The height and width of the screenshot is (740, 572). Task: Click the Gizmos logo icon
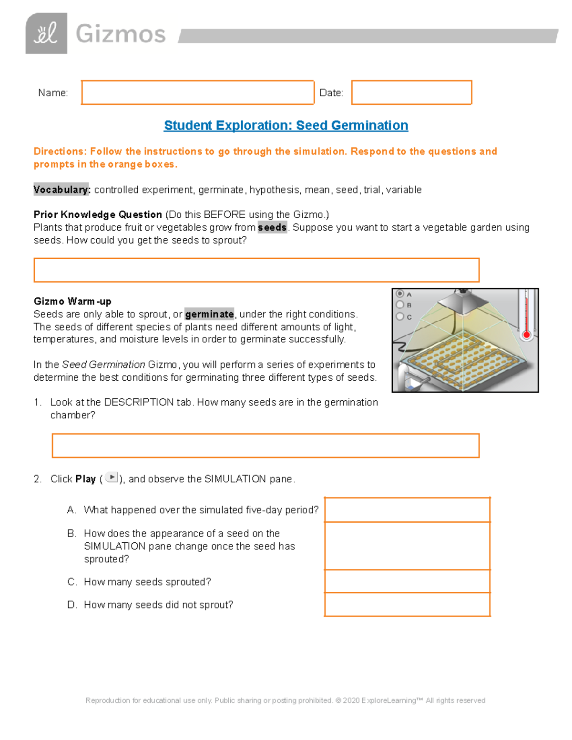pyautogui.click(x=46, y=33)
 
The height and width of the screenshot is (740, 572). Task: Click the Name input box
pyautogui.click(x=197, y=92)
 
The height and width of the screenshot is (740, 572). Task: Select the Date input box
pyautogui.click(x=411, y=92)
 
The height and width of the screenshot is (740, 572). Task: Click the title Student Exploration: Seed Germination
pyautogui.click(x=286, y=125)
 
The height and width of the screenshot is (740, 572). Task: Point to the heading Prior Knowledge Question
pyautogui.click(x=98, y=214)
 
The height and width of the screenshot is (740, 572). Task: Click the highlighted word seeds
pyautogui.click(x=272, y=227)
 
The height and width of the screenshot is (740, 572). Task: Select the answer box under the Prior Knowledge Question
pyautogui.click(x=256, y=270)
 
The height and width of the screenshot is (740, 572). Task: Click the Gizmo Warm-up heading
pyautogui.click(x=72, y=301)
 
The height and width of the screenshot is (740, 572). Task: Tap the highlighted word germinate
pyautogui.click(x=209, y=314)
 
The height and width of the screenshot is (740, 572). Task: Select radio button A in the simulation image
pyautogui.click(x=400, y=294)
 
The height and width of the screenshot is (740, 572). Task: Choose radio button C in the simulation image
pyautogui.click(x=400, y=316)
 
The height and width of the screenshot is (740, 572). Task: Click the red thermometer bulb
pyautogui.click(x=527, y=335)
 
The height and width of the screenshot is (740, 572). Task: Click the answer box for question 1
pyautogui.click(x=265, y=446)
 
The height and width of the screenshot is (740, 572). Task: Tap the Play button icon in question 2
pyautogui.click(x=112, y=477)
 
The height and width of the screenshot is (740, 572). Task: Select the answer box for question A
pyautogui.click(x=407, y=509)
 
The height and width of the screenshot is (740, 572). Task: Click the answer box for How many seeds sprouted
pyautogui.click(x=407, y=581)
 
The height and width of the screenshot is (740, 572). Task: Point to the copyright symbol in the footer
pyautogui.click(x=338, y=700)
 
